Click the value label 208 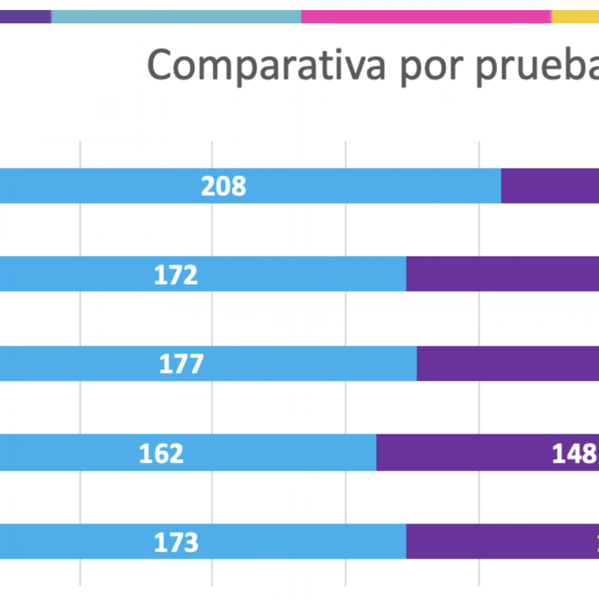coord(223,186)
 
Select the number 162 coord(161,453)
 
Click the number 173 coord(176,542)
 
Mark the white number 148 coord(574,453)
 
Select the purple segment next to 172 coord(502,274)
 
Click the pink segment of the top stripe coord(426,17)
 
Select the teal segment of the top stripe coord(176,17)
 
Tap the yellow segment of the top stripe coord(575,17)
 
